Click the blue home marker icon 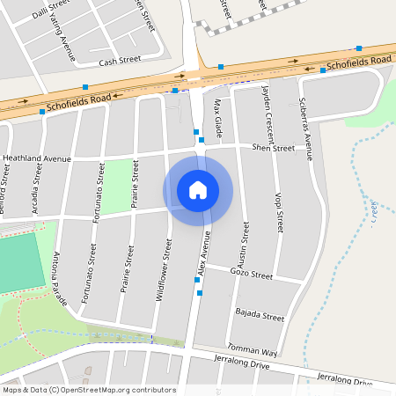(x=198, y=190)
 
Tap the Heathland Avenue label (x=36, y=158)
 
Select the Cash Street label (x=120, y=61)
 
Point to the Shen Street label (x=272, y=148)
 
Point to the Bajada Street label (x=260, y=314)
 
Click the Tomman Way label (x=252, y=348)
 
